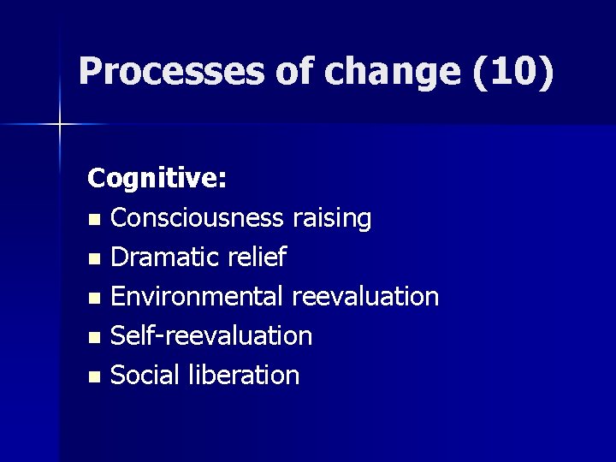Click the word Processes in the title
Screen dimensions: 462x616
coord(171,72)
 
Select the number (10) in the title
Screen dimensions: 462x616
coord(512,72)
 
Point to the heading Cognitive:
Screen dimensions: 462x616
coord(157,179)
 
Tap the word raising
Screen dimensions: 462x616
coord(331,218)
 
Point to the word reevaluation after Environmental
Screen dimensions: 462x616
coord(364,296)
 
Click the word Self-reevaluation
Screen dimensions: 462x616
coord(211,335)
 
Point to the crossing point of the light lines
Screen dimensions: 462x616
coord(60,125)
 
